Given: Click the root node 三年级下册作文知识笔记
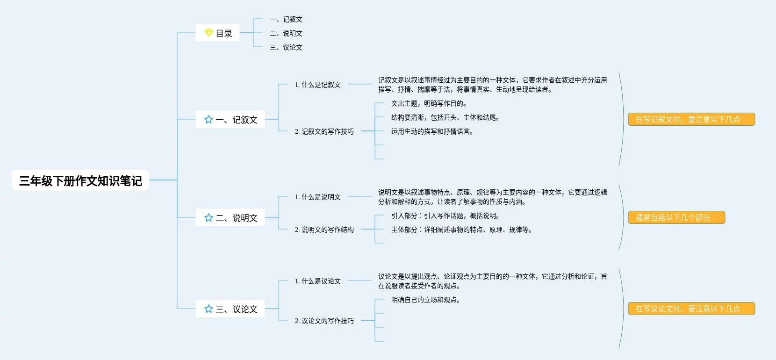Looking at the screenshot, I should pyautogui.click(x=80, y=180).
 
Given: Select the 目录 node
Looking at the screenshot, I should pyautogui.click(x=218, y=33).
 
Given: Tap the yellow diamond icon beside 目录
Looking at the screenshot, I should pyautogui.click(x=208, y=33).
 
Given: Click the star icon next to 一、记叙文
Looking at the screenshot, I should pyautogui.click(x=208, y=120).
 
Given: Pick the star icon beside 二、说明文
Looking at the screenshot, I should pyautogui.click(x=208, y=218).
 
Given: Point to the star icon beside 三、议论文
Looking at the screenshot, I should pyautogui.click(x=208, y=309).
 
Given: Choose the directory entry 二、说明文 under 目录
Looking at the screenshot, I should pyautogui.click(x=286, y=33).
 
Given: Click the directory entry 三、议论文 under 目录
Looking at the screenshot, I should pyautogui.click(x=286, y=47).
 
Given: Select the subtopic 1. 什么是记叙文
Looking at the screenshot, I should pyautogui.click(x=318, y=85).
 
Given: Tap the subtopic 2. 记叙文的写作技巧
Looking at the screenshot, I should pyautogui.click(x=324, y=131).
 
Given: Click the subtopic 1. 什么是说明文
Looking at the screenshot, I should pyautogui.click(x=318, y=197).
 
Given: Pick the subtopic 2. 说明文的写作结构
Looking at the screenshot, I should pyautogui.click(x=324, y=230).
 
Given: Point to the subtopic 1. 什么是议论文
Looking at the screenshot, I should pyautogui.click(x=318, y=281).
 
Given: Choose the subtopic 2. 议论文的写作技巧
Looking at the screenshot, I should pyautogui.click(x=324, y=321).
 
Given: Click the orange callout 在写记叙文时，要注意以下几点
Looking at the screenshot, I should pyautogui.click(x=691, y=119).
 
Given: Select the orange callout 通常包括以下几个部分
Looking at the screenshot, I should pyautogui.click(x=676, y=217).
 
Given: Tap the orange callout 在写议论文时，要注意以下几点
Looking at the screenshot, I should pyautogui.click(x=691, y=309).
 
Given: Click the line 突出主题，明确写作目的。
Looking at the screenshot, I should pyautogui.click(x=429, y=103).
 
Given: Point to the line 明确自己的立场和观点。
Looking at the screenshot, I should pyautogui.click(x=426, y=300).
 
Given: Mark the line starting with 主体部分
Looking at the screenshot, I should pyautogui.click(x=462, y=230).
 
